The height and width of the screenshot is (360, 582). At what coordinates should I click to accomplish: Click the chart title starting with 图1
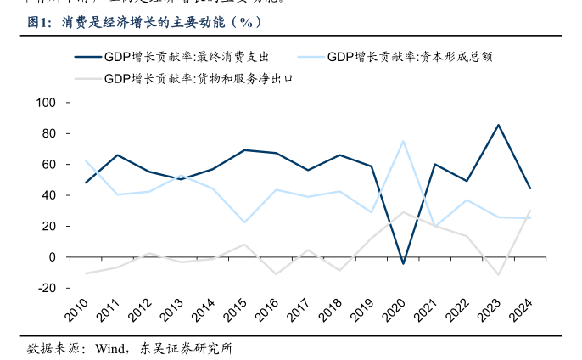(144, 22)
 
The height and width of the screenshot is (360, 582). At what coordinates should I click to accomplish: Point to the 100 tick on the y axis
(45, 103)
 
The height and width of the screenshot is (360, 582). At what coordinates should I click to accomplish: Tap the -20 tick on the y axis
(46, 288)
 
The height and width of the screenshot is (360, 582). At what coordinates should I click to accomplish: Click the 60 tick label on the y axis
(48, 164)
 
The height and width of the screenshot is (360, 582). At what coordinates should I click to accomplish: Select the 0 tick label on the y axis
(52, 256)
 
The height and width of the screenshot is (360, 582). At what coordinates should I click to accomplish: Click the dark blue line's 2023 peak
(498, 125)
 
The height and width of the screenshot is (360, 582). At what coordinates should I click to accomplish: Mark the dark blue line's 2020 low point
(403, 263)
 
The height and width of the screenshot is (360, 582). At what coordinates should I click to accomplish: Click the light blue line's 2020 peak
(403, 141)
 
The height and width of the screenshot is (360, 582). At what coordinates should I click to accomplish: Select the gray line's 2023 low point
(498, 274)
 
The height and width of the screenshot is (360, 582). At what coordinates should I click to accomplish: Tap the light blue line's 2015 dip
(244, 222)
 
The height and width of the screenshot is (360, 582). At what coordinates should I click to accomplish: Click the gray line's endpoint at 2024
(529, 211)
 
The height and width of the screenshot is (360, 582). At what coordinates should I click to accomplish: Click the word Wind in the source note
(110, 348)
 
